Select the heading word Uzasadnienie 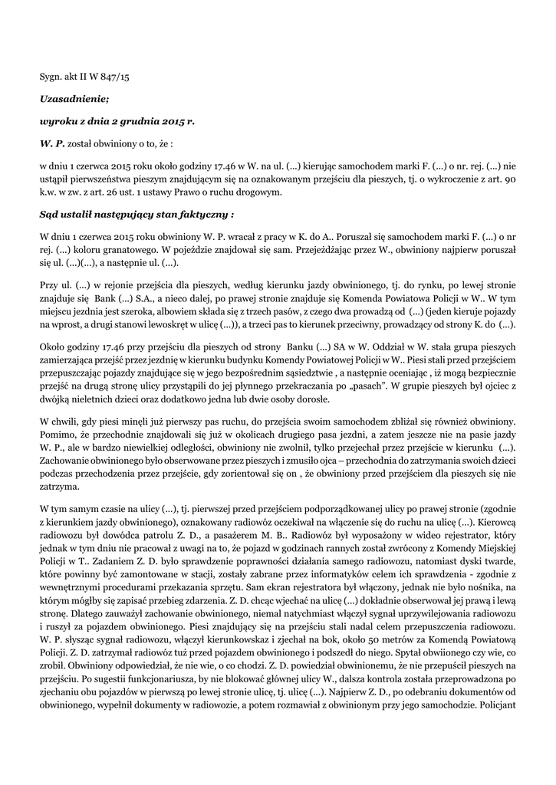(x=74, y=99)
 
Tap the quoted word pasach (x=406, y=386)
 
